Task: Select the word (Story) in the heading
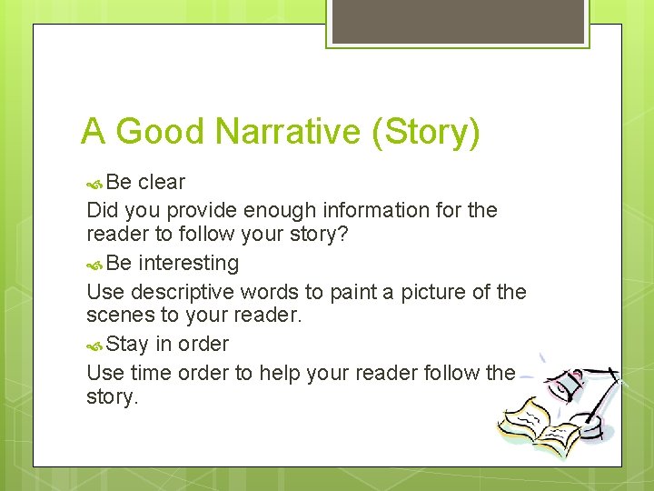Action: (x=425, y=133)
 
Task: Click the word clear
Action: (x=161, y=182)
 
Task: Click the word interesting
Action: (x=189, y=263)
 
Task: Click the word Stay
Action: (x=127, y=345)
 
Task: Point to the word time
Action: (x=150, y=373)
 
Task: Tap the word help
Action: (x=279, y=373)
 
